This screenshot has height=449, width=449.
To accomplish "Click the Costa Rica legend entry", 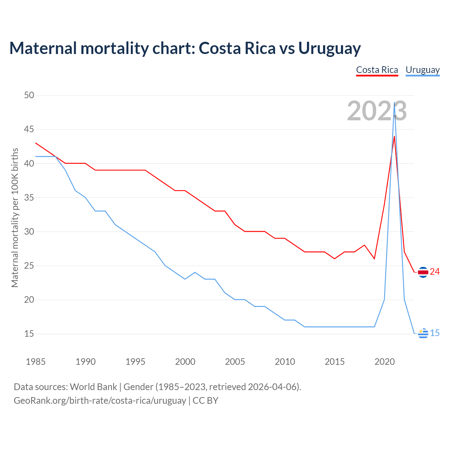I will (377, 70).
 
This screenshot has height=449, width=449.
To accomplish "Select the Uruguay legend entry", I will (422, 70).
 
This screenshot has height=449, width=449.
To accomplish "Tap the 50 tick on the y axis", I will (29, 95).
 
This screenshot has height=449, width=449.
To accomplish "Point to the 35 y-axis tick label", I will (29, 197).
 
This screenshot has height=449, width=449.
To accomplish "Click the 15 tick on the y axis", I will (29, 334).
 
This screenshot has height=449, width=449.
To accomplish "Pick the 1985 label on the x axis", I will (35, 362).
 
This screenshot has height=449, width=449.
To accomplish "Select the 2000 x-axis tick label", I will (185, 362).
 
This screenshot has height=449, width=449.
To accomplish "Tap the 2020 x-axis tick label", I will (384, 362).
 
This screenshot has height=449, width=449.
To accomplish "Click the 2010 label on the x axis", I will (285, 362).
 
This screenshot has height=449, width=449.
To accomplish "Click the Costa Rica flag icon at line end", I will (423, 272).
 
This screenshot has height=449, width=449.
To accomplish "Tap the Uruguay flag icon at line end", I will (423, 333).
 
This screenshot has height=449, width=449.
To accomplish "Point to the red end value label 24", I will (435, 272).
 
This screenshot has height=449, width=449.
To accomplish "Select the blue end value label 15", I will (435, 333).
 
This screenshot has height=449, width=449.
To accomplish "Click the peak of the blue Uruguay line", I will (395, 103).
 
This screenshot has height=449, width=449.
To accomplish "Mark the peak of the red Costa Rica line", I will (394, 136).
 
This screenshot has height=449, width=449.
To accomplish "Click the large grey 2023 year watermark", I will (377, 111).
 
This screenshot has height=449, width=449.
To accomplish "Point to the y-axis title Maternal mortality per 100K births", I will (15, 217).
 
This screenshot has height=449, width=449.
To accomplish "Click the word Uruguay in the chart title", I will (329, 48).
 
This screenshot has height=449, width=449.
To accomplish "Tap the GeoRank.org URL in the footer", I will (100, 400).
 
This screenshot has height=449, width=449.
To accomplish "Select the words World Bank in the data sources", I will (93, 387).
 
